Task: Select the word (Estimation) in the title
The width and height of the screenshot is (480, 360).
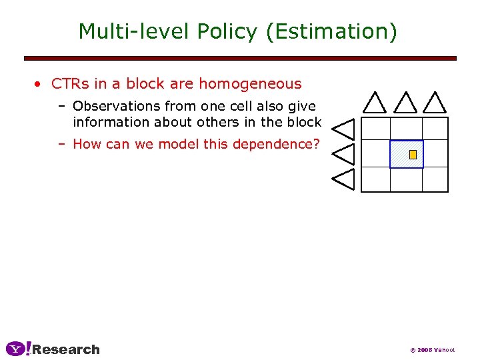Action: (331, 31)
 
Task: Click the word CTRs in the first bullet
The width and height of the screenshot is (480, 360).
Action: (67, 84)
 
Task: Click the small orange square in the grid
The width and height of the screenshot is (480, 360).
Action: (413, 155)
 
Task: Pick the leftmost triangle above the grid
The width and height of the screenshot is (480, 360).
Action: (375, 103)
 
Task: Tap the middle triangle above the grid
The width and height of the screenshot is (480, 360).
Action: (405, 103)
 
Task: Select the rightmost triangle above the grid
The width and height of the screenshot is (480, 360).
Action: (435, 103)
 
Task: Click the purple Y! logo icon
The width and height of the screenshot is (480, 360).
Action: (18, 349)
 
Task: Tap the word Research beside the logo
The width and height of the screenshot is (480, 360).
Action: (66, 349)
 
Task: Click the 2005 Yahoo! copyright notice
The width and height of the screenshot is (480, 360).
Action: (432, 350)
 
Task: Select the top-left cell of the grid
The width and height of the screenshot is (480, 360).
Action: (375, 129)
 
